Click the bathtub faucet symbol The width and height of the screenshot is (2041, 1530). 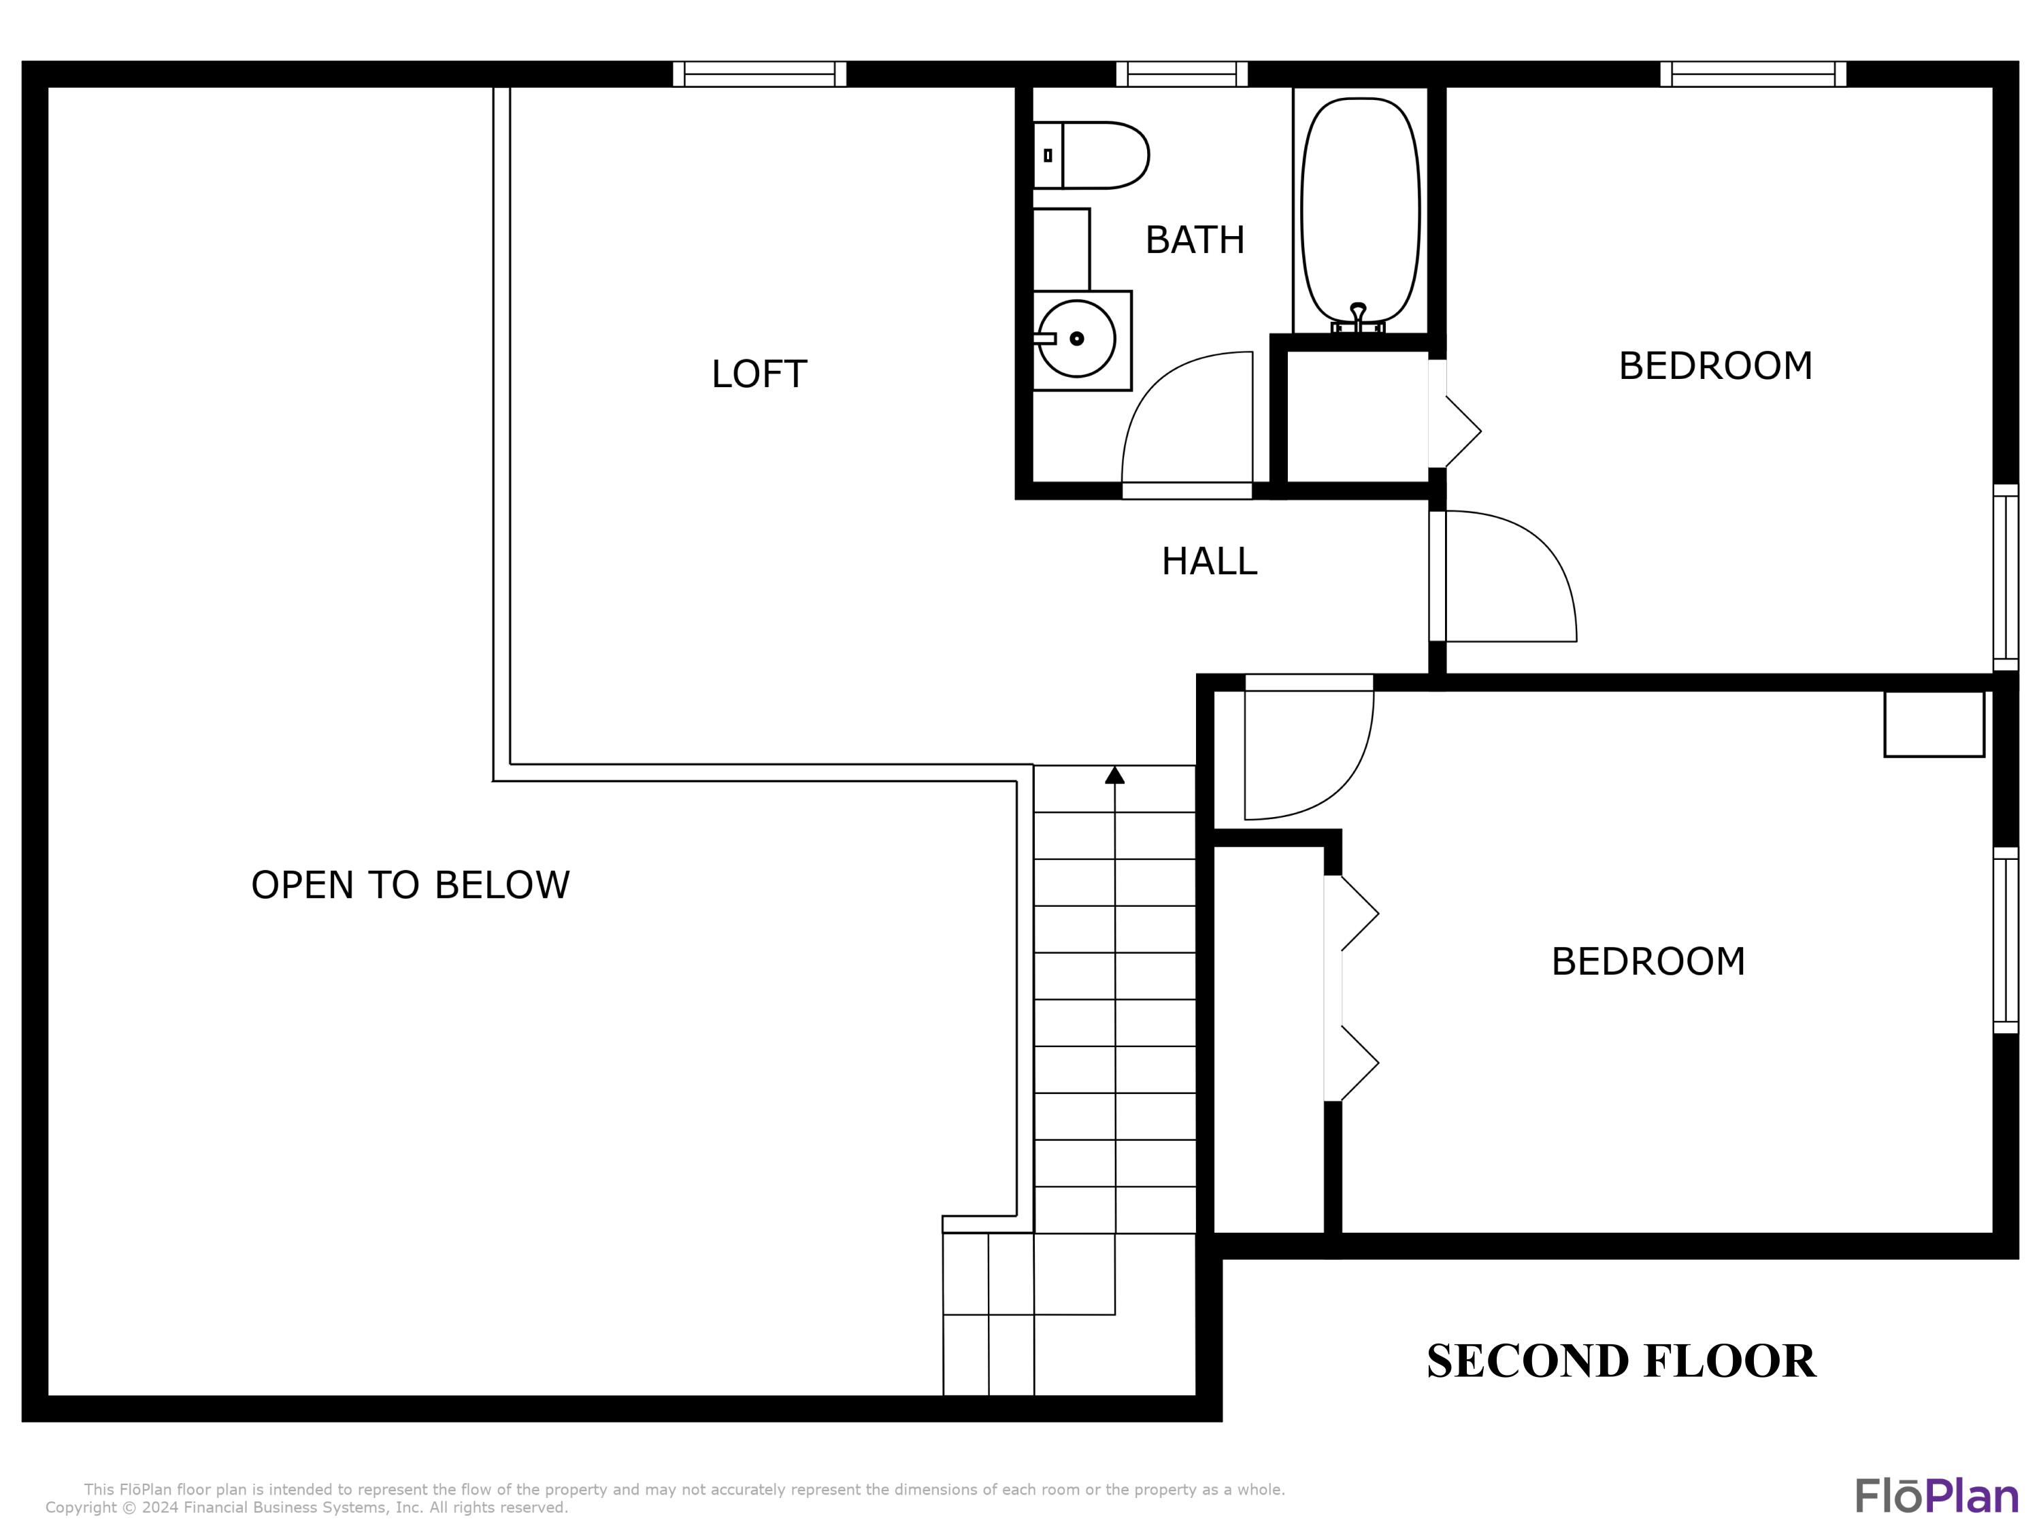tap(1357, 316)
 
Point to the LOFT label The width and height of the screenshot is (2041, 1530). tap(759, 373)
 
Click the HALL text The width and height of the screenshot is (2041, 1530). tap(1209, 561)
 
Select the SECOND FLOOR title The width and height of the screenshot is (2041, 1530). tap(1621, 1361)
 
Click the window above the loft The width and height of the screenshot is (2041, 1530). tap(759, 74)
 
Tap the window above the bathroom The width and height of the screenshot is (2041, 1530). tap(1182, 74)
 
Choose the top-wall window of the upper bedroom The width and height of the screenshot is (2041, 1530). tap(1753, 74)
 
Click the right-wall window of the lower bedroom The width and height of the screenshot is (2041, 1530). tap(2006, 939)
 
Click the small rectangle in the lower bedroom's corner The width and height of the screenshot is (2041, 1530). tap(1934, 725)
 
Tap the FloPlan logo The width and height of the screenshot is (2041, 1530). tap(1936, 1497)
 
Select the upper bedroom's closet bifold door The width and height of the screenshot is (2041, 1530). tap(1458, 431)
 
